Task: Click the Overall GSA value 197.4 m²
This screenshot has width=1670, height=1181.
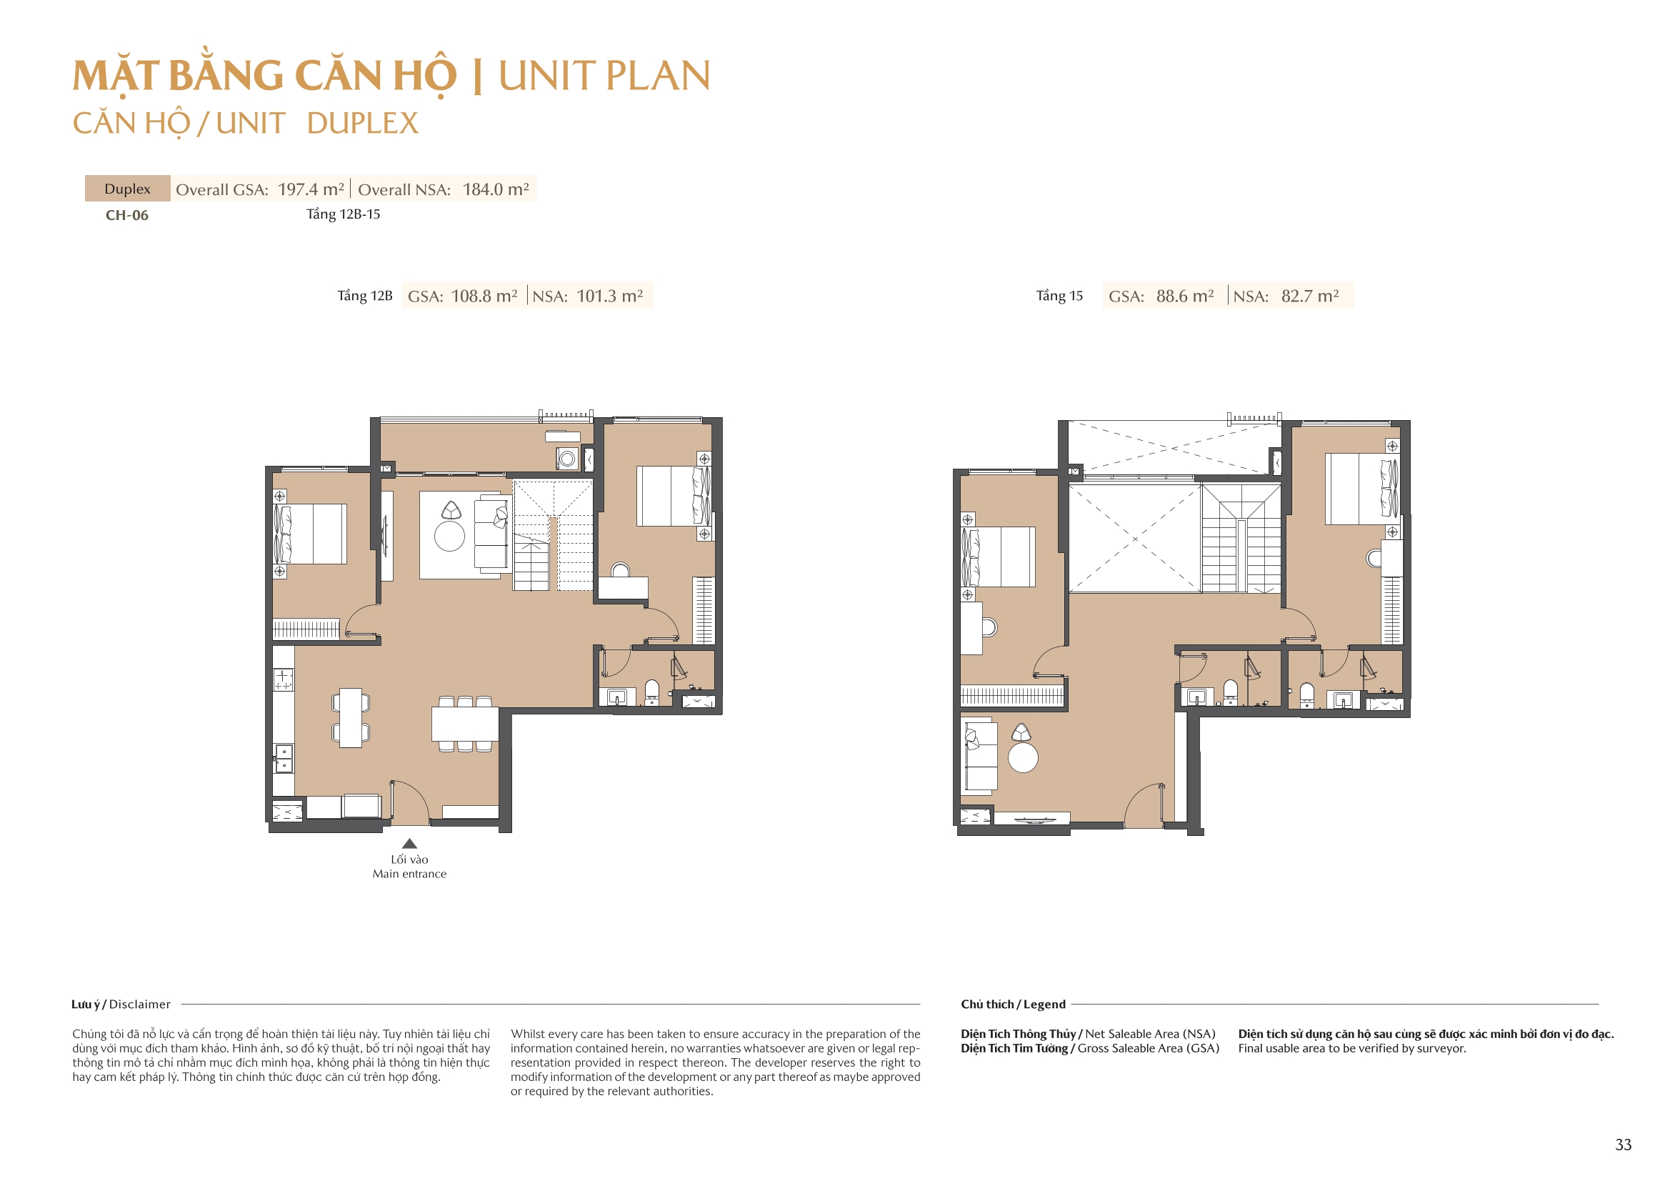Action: click(x=311, y=189)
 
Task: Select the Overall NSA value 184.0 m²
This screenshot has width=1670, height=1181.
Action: click(x=495, y=189)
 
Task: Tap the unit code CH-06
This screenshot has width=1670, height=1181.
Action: click(x=127, y=215)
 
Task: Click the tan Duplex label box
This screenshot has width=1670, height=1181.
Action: click(x=128, y=189)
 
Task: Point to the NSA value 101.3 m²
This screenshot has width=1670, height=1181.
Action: click(x=609, y=297)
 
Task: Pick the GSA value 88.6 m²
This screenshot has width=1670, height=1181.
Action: click(x=1185, y=297)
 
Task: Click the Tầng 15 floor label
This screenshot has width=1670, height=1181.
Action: click(x=1059, y=297)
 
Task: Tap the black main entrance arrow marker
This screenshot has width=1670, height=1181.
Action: click(x=409, y=843)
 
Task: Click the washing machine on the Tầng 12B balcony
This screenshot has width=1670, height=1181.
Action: click(x=567, y=459)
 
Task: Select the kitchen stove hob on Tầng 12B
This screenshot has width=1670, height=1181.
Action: click(x=284, y=679)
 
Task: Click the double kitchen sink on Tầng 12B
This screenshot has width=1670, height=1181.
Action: click(x=284, y=758)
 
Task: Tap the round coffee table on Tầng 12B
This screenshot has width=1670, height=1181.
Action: click(x=449, y=537)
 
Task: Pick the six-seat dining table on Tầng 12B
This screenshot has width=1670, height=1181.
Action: click(x=465, y=724)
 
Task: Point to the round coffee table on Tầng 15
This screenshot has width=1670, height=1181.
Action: click(x=1023, y=757)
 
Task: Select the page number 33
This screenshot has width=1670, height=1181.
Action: click(x=1623, y=1145)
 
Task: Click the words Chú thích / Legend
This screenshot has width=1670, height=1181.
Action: click(x=1013, y=1005)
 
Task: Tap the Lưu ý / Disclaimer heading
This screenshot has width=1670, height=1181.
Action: click(x=121, y=1005)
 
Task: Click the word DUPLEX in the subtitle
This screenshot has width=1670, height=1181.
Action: click(x=362, y=124)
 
